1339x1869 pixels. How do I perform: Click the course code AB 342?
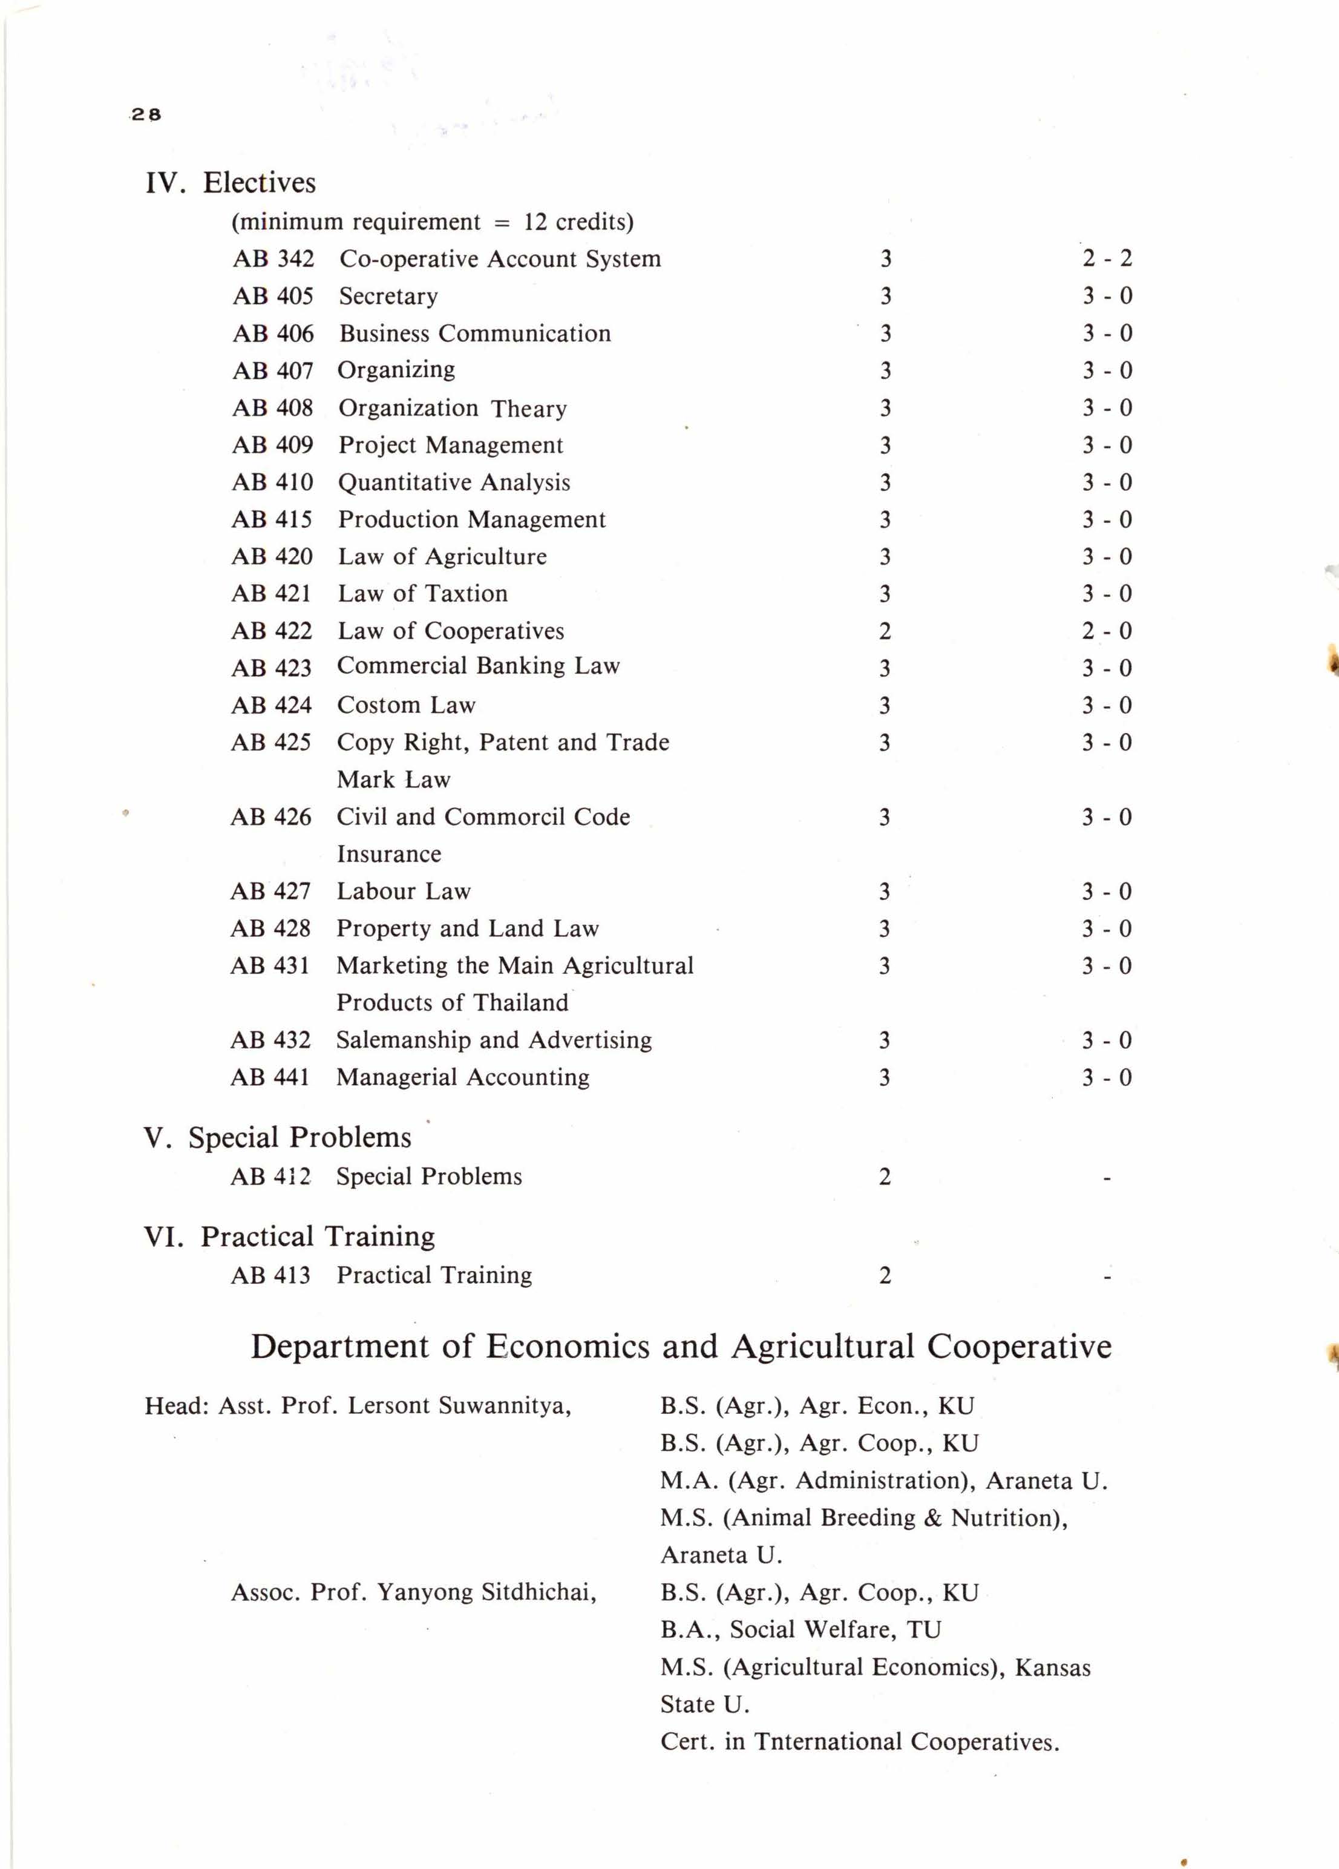(x=273, y=259)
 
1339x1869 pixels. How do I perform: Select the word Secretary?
(x=388, y=296)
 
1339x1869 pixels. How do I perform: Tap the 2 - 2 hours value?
(x=1107, y=259)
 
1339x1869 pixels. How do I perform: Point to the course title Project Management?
(x=451, y=445)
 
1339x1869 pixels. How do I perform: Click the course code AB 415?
(x=272, y=519)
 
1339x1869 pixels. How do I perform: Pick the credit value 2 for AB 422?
(x=884, y=631)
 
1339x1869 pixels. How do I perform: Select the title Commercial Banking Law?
(x=478, y=666)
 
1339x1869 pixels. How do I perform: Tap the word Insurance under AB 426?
(x=389, y=854)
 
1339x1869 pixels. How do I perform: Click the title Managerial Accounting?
(x=462, y=1077)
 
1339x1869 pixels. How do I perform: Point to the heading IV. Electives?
(x=231, y=182)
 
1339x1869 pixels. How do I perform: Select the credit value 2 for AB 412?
(x=884, y=1177)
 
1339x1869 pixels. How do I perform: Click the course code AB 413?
(x=270, y=1276)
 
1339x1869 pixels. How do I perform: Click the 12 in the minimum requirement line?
(x=535, y=222)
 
